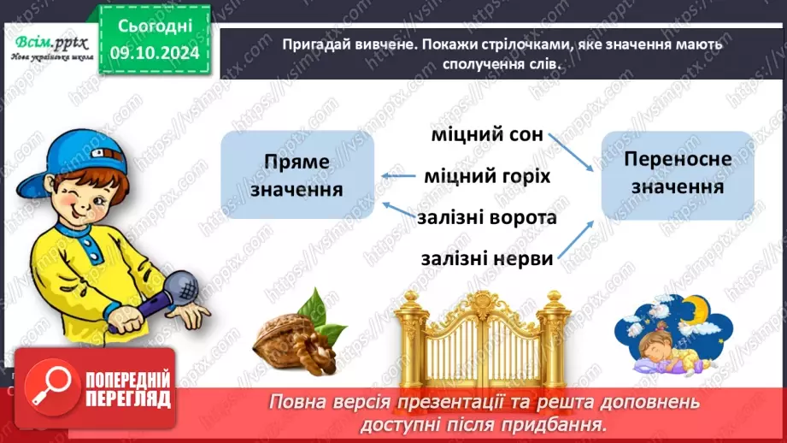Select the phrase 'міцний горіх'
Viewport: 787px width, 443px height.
pos(487,176)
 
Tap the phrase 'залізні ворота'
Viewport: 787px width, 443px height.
pos(487,217)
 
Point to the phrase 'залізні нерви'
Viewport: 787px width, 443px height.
pos(486,257)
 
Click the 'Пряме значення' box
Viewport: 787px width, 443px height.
pos(297,175)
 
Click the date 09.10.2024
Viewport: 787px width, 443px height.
pos(155,54)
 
